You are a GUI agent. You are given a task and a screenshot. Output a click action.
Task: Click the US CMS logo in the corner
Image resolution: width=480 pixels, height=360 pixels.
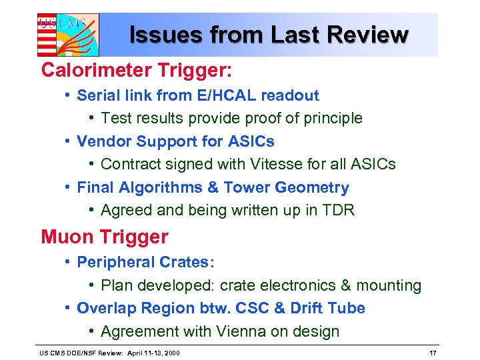coord(67,34)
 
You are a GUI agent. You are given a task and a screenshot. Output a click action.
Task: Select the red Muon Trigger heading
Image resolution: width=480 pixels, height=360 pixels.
coord(105,237)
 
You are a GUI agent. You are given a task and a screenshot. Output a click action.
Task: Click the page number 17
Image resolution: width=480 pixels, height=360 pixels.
coord(433,352)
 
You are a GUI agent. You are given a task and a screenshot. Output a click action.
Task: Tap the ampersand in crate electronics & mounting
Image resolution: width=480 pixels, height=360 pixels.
coord(345,286)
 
